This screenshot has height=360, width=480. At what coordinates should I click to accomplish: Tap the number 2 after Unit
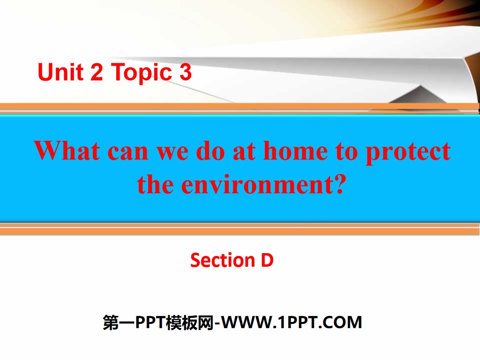pyautogui.click(x=97, y=73)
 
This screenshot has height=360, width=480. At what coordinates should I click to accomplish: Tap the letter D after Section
pyautogui.click(x=267, y=260)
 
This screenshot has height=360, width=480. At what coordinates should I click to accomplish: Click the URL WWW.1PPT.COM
pyautogui.click(x=292, y=322)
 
